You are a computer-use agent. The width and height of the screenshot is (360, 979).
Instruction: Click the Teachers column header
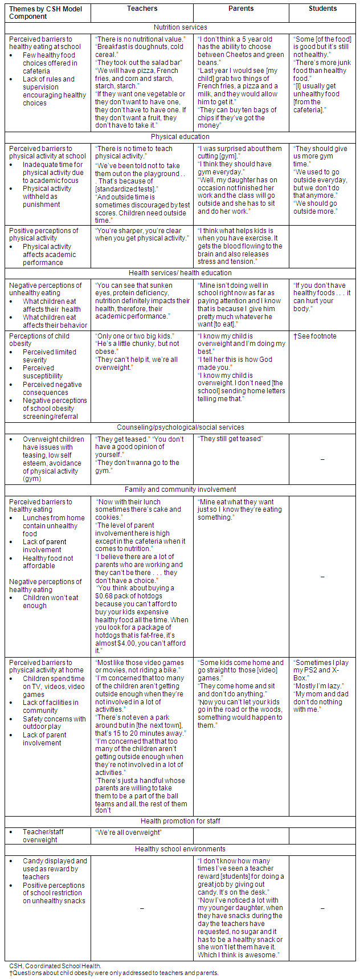point(142,9)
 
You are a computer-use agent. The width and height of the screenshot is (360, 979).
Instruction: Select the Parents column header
point(241,9)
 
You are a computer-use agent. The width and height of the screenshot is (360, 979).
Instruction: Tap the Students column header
point(322,9)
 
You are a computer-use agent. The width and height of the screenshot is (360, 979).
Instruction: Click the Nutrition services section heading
point(180,27)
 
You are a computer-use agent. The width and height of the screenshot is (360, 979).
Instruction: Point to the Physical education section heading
point(180,137)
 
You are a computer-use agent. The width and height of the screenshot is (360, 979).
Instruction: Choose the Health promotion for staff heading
point(180,821)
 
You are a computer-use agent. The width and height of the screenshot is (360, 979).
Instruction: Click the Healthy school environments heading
point(180,849)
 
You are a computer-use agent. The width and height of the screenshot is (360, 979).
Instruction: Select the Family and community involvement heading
point(180,489)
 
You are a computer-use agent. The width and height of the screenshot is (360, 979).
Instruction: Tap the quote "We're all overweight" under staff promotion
point(128,833)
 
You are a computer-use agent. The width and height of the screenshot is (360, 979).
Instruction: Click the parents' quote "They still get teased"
point(230,439)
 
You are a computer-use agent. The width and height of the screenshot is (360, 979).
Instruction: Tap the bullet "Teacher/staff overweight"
point(43,836)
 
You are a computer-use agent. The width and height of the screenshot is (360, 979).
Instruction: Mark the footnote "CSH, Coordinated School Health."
point(55,966)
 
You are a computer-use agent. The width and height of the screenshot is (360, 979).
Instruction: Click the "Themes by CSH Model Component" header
point(36,13)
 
